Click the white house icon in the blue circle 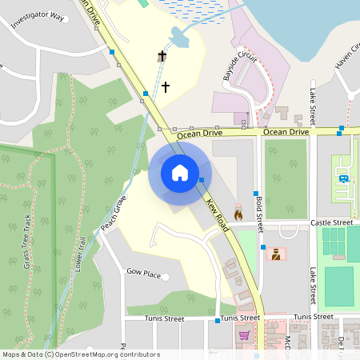(x=180, y=172)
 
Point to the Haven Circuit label (x=347, y=56)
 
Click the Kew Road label (x=218, y=216)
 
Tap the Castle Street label (x=331, y=222)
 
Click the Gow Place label (x=144, y=272)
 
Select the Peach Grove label (x=114, y=214)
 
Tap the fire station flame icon (x=238, y=214)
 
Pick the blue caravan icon (x=344, y=178)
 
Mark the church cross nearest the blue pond (x=162, y=56)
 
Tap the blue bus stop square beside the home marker (x=202, y=180)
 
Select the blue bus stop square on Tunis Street (x=218, y=321)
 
